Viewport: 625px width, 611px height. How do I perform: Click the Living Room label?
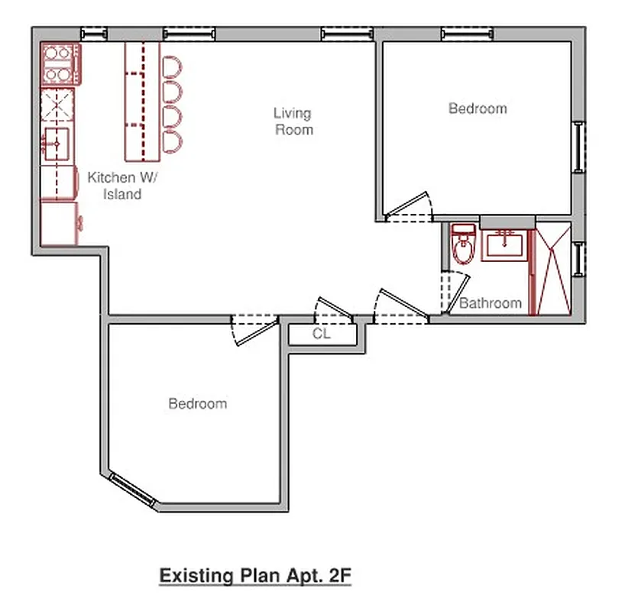(x=293, y=121)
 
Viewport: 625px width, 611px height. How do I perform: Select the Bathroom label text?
(x=491, y=303)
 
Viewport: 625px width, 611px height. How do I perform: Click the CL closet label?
(x=321, y=334)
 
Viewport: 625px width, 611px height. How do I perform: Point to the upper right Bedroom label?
(x=478, y=108)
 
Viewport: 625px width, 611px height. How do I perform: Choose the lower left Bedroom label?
(x=197, y=403)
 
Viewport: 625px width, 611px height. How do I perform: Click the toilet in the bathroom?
(x=462, y=245)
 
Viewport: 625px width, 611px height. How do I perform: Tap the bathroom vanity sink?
(x=504, y=246)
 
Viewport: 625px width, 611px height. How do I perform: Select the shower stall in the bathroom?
(x=552, y=267)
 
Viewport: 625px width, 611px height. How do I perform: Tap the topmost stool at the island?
(x=172, y=66)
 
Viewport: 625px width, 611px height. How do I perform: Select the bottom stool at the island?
(x=172, y=141)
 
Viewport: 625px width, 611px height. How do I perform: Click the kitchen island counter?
(x=142, y=101)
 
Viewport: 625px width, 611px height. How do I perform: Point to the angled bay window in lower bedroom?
(x=131, y=490)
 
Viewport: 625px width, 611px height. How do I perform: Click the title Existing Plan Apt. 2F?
(x=254, y=575)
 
